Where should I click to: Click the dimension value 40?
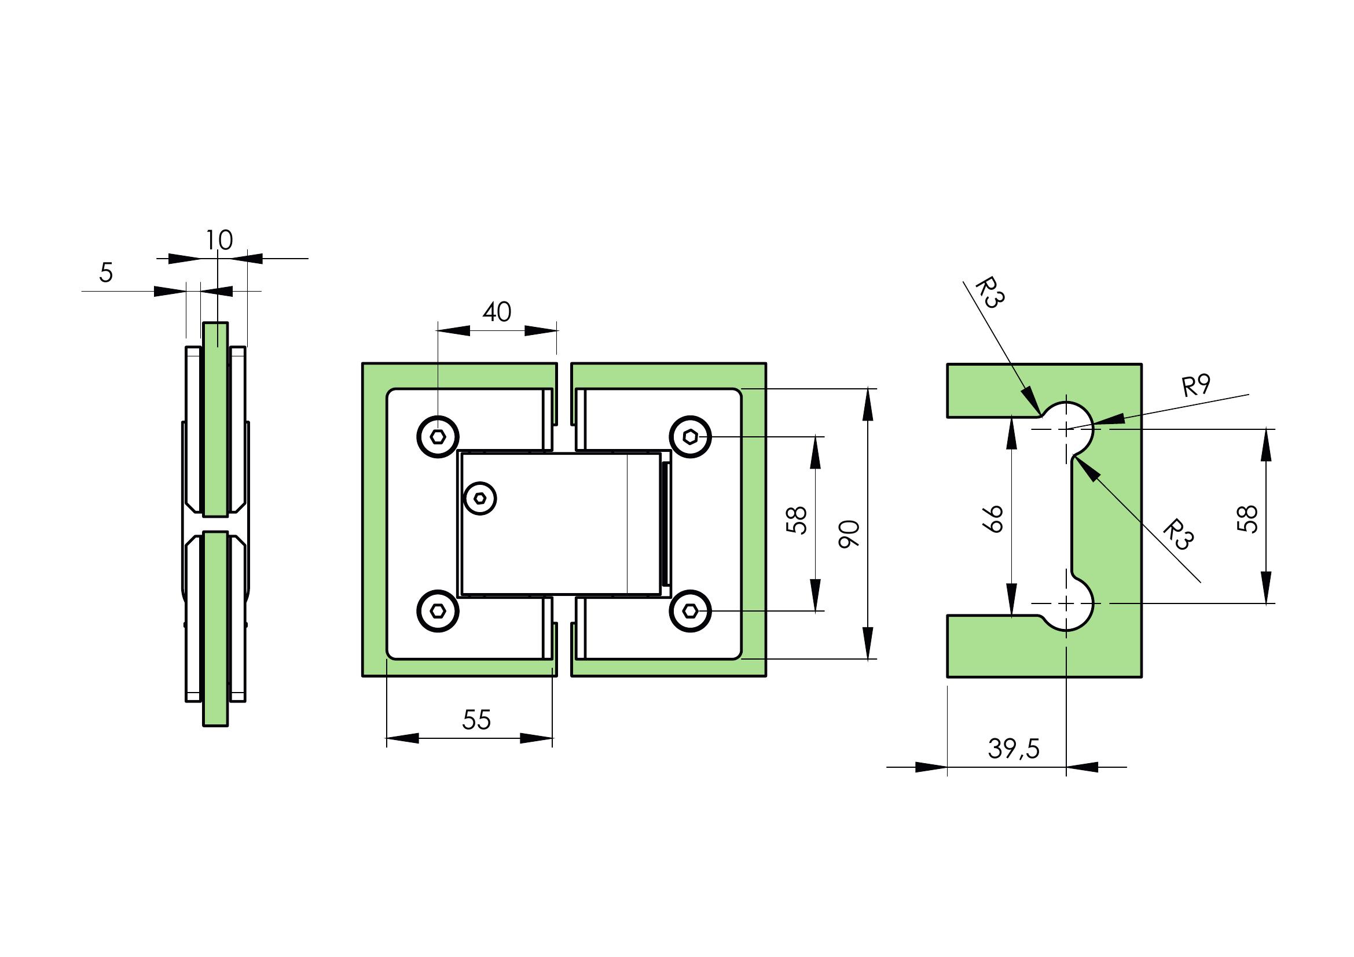tap(497, 312)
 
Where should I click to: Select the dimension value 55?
tap(476, 720)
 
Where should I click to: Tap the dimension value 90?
tap(850, 535)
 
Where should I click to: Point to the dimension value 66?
tap(993, 518)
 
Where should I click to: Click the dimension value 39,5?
tap(1014, 748)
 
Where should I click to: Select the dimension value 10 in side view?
tap(219, 240)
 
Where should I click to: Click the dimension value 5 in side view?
tap(105, 273)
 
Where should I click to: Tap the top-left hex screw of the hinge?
tap(438, 437)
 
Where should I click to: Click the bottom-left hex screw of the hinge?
tap(438, 611)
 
